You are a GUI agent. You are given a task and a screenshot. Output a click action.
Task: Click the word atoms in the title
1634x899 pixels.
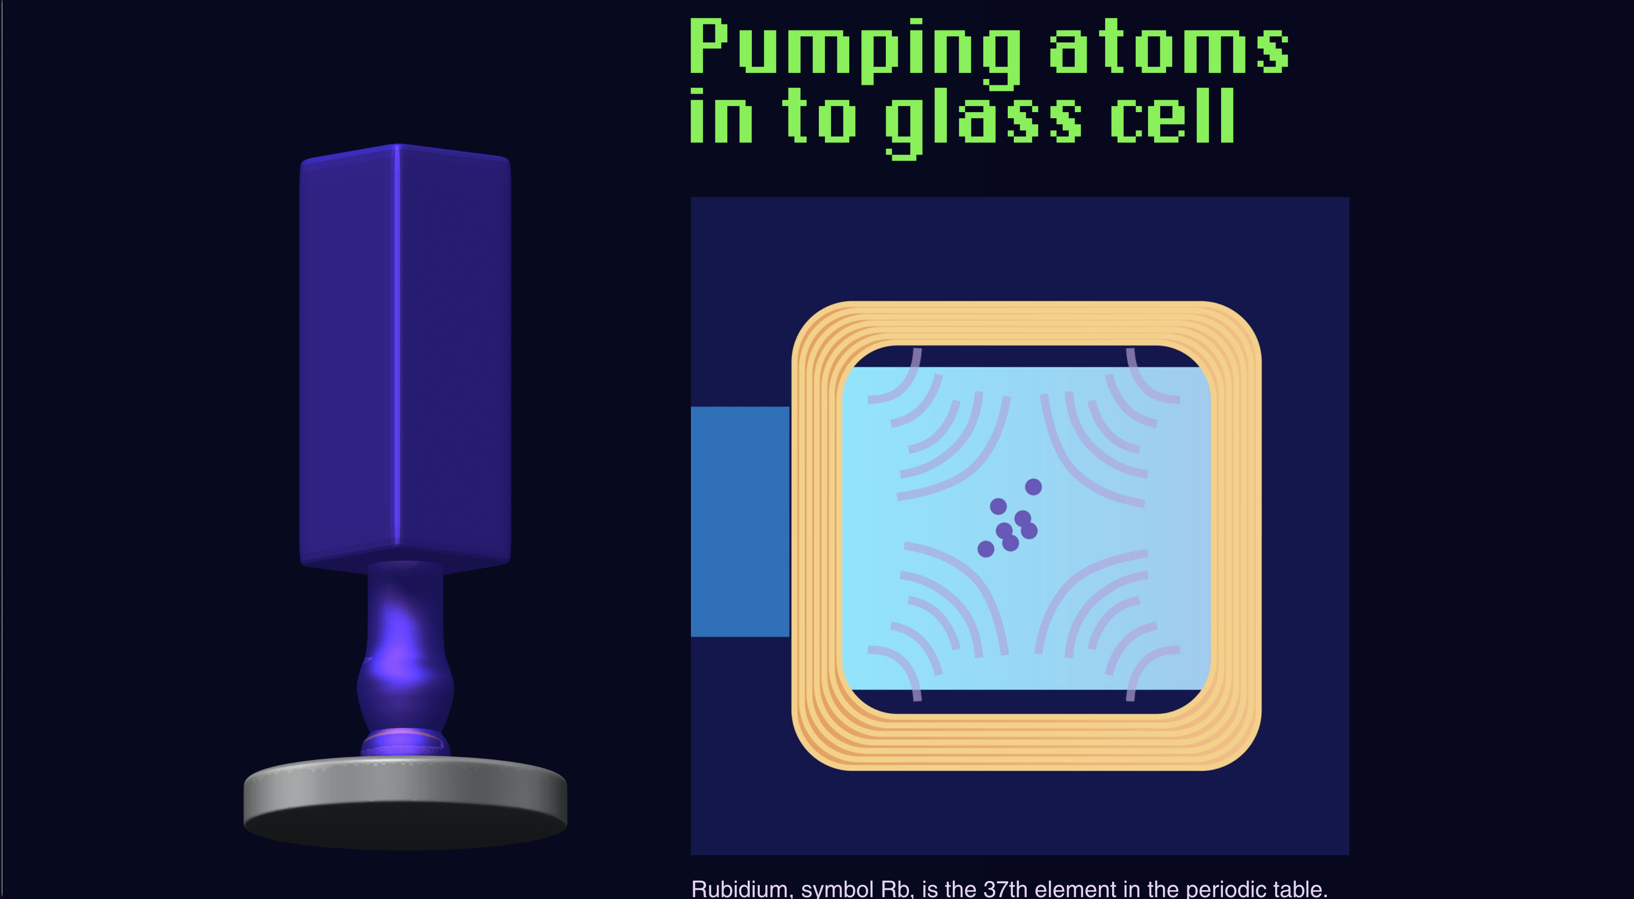click(x=1168, y=47)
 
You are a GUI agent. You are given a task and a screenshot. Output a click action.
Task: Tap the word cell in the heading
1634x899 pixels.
click(x=1172, y=117)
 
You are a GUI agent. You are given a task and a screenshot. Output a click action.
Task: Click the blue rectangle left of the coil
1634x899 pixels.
click(x=739, y=521)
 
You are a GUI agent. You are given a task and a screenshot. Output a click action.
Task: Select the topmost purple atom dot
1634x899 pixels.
click(x=1033, y=487)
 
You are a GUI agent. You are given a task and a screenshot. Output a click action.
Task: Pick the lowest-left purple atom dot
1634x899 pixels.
click(x=986, y=549)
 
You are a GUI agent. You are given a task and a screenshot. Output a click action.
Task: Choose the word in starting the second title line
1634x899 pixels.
click(x=721, y=117)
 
